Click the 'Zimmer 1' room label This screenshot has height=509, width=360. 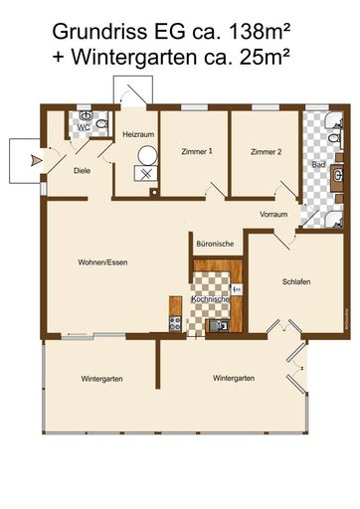(196, 152)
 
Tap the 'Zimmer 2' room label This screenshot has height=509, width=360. (265, 152)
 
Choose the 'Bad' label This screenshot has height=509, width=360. (317, 163)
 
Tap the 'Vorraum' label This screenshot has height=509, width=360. (273, 214)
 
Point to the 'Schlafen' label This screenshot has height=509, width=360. (296, 281)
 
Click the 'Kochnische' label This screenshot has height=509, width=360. (210, 299)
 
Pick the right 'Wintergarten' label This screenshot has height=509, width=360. (234, 378)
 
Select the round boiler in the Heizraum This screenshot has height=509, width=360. (147, 155)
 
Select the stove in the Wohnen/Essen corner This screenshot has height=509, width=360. (176, 323)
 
